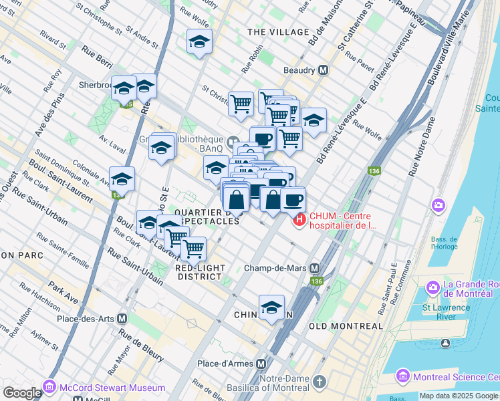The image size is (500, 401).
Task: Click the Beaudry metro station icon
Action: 323,70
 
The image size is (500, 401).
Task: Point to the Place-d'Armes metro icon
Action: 261,364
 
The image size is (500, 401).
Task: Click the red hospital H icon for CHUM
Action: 299,219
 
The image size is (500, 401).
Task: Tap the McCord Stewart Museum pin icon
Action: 49,388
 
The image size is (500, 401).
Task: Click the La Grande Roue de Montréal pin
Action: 432,287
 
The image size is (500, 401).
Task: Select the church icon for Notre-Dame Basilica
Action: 320,382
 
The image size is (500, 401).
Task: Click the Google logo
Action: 22,393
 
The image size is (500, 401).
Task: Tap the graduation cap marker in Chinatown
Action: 271,307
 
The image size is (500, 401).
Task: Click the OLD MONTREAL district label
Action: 346,326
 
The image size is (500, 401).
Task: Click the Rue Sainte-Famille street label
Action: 62,249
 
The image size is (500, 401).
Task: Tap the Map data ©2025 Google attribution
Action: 459,396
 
